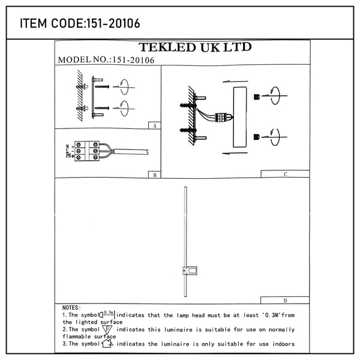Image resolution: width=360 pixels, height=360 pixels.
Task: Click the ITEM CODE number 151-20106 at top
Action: point(113,23)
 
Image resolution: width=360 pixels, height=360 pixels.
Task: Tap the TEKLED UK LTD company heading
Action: point(195,47)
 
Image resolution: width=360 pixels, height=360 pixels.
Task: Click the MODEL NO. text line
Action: point(106,60)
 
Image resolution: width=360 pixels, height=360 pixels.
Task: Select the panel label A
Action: point(155,126)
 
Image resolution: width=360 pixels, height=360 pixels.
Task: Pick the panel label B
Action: point(155,175)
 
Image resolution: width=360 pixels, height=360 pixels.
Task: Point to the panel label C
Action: point(286,174)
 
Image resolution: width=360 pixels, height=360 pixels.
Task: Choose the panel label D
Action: point(285,301)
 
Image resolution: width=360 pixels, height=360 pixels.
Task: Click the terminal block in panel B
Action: point(87,151)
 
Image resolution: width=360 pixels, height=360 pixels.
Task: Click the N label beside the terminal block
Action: point(67,146)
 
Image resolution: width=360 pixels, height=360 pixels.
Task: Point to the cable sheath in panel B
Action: point(131,152)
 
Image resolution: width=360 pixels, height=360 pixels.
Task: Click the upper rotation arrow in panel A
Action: point(124,87)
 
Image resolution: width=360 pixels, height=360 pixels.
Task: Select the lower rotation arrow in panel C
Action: point(274,137)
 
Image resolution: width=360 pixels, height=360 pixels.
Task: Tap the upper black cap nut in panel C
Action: point(257,97)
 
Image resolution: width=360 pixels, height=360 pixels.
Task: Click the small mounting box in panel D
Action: point(190,271)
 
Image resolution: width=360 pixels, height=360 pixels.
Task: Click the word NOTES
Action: point(71,308)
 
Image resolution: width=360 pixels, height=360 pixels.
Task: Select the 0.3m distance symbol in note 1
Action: point(107,314)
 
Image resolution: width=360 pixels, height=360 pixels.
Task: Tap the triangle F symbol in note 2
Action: point(107,329)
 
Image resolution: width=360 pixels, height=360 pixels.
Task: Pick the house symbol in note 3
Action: point(107,344)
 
